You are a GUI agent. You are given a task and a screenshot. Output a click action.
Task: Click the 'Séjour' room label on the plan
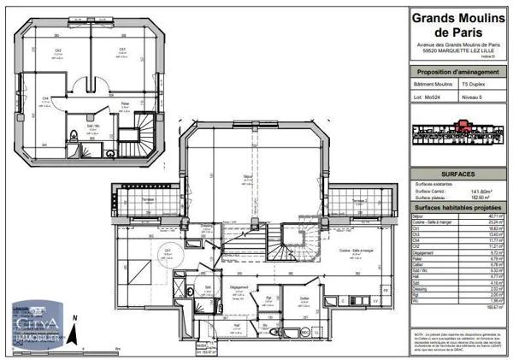(246, 175)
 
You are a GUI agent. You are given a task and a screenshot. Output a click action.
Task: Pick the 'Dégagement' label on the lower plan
(239, 287)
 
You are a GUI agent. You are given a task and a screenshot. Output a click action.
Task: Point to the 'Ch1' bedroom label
(168, 249)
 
